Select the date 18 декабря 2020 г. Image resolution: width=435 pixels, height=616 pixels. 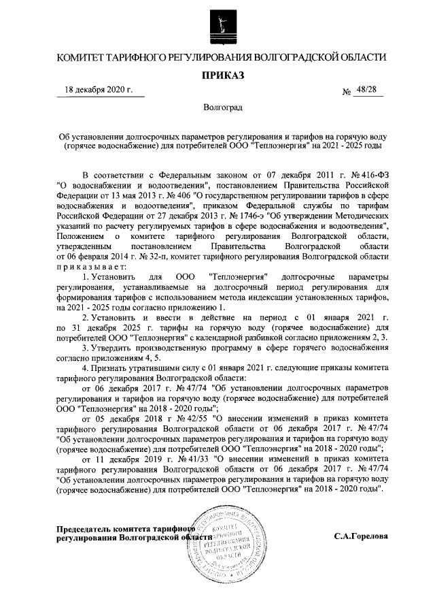[x=99, y=90]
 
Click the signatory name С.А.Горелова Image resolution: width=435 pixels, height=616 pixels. [x=361, y=536]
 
